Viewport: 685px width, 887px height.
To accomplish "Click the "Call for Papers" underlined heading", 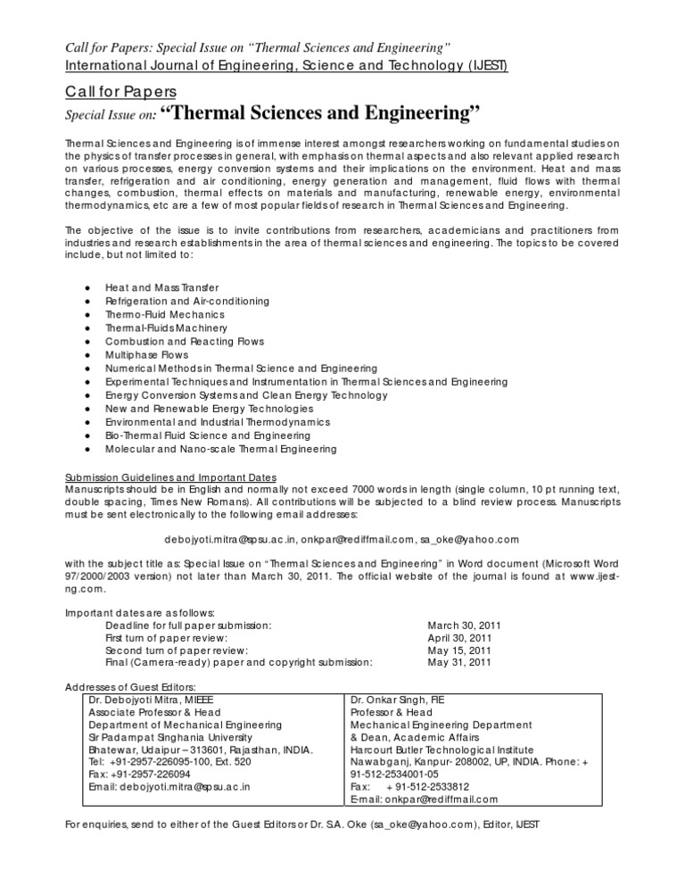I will [x=121, y=91].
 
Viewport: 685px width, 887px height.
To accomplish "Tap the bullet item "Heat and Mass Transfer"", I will [x=154, y=288].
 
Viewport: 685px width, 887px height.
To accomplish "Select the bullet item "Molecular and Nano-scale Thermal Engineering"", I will [x=220, y=448].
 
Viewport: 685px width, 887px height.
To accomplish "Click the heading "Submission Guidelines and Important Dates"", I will [x=171, y=475].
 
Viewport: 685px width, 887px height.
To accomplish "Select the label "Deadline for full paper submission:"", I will [x=189, y=626].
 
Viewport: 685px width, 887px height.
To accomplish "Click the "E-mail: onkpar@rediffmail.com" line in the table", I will [x=425, y=800].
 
